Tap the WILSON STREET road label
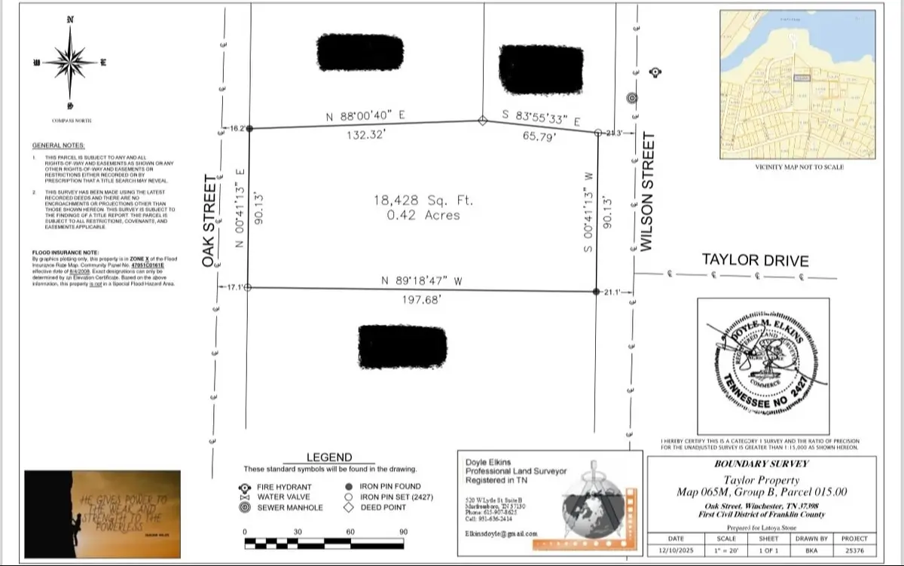point(646,193)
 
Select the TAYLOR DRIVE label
point(755,260)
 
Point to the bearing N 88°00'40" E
point(366,116)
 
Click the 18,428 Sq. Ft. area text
point(417,200)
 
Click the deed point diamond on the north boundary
point(483,120)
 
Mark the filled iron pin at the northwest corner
point(250,129)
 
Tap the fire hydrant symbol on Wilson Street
point(655,72)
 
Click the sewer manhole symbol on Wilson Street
point(632,97)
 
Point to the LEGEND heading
point(329,457)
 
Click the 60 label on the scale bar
point(350,532)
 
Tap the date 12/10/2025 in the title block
point(676,552)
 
